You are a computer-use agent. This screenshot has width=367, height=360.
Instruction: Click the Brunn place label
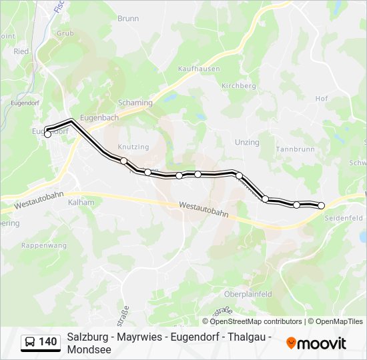(x=127, y=19)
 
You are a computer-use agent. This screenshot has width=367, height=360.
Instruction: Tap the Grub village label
(x=65, y=33)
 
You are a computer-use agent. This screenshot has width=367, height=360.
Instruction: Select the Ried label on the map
(x=21, y=51)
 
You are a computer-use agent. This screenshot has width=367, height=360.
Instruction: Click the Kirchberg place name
(x=239, y=86)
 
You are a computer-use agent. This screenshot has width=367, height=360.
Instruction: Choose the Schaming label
(x=135, y=103)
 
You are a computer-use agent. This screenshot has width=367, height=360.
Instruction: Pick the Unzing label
(x=247, y=143)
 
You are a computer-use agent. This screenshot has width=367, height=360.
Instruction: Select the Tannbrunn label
(x=295, y=149)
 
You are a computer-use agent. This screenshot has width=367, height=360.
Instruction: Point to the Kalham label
(x=81, y=202)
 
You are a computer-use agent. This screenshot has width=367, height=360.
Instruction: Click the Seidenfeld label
(x=343, y=218)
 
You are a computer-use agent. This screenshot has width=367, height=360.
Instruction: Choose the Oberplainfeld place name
(x=248, y=294)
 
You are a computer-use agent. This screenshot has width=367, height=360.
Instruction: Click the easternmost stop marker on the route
(x=321, y=205)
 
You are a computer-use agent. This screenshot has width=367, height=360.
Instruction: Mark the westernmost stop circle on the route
(x=47, y=134)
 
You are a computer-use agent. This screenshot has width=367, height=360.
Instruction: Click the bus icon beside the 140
(x=31, y=343)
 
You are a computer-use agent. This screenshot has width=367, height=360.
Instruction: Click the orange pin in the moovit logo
(x=291, y=343)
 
